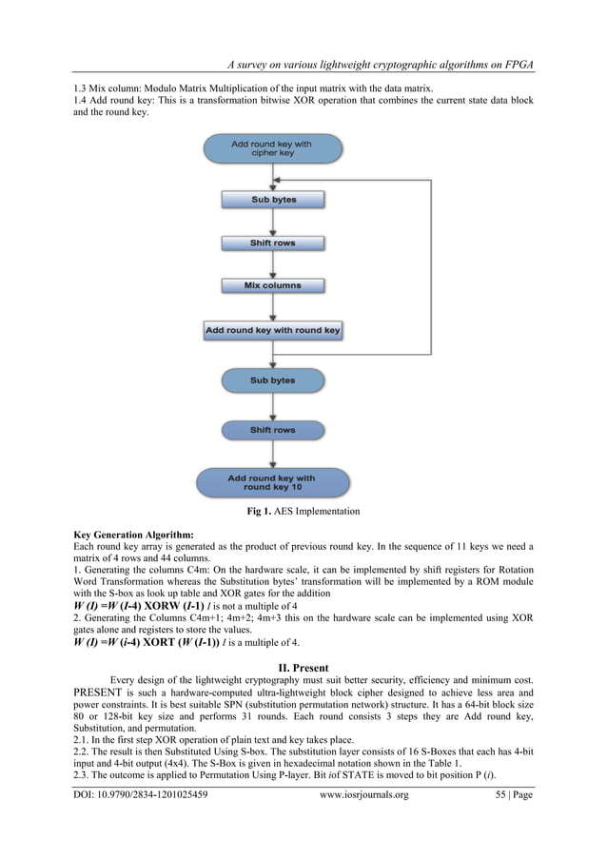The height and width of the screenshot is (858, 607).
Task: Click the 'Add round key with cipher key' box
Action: (271, 149)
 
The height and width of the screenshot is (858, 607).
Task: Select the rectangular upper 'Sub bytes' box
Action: (273, 200)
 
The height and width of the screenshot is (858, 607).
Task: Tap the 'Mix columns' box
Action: (273, 285)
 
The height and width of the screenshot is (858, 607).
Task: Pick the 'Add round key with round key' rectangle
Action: (273, 331)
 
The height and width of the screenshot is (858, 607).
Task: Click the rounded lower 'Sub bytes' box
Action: (273, 380)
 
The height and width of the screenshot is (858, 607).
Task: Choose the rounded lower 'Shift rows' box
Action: (273, 430)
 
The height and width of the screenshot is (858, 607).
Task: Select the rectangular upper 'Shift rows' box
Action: (273, 243)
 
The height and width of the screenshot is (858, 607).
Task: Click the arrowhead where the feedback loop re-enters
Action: (275, 178)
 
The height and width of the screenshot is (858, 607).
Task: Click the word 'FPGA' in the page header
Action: (513, 64)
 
